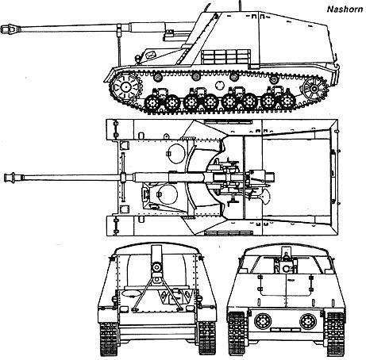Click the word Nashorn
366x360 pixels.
(345, 10)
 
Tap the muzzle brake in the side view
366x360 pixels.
(10, 29)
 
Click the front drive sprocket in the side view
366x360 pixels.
(125, 86)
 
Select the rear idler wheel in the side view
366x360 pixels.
(314, 88)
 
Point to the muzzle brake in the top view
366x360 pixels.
(13, 177)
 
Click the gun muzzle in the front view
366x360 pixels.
(156, 267)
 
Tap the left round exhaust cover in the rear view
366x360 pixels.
(262, 320)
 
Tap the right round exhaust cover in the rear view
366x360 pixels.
(308, 320)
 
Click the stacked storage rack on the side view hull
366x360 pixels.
(225, 57)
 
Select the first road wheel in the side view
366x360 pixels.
(152, 102)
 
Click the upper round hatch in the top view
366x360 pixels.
(175, 153)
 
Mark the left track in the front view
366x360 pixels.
(109, 338)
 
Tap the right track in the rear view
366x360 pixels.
(335, 334)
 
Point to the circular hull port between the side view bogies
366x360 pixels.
(219, 85)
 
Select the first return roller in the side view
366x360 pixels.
(158, 78)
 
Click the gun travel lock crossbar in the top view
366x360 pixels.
(122, 177)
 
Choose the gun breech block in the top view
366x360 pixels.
(262, 177)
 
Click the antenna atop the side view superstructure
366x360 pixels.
(241, 6)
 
